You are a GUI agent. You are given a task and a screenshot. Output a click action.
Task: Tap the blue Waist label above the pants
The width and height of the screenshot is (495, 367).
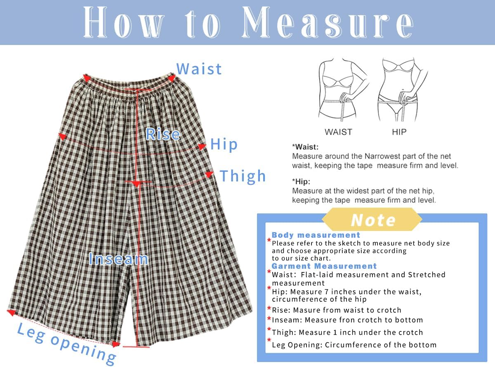(x=199, y=69)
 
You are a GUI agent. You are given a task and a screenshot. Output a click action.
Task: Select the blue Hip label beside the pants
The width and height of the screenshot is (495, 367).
(x=224, y=144)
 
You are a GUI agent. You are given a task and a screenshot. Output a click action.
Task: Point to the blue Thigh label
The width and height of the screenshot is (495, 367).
(x=243, y=176)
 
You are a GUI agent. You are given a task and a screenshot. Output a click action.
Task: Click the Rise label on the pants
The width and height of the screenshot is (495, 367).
(x=163, y=134)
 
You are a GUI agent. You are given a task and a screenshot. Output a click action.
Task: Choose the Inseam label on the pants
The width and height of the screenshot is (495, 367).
(x=118, y=259)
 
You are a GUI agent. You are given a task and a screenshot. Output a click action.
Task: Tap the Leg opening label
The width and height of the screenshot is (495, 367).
(x=66, y=342)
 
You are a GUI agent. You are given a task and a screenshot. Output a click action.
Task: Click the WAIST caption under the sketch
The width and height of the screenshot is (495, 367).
(x=338, y=132)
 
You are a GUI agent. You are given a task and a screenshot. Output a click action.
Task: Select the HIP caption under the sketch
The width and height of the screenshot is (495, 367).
(x=399, y=132)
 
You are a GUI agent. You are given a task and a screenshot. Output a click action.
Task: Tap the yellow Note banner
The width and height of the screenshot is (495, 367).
(x=372, y=220)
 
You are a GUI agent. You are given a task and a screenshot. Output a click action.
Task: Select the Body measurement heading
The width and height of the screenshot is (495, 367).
(x=316, y=235)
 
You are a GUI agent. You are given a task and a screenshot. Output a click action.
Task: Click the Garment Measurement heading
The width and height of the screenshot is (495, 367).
(x=324, y=266)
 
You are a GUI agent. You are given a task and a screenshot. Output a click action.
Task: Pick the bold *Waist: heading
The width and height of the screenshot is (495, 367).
(x=305, y=147)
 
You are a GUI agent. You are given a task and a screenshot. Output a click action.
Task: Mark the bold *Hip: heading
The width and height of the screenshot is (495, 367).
(x=301, y=182)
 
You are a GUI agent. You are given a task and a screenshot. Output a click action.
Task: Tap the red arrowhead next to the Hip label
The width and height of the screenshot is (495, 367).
(x=202, y=147)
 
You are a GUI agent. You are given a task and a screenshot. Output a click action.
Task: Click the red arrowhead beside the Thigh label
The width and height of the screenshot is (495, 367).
(x=209, y=175)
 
